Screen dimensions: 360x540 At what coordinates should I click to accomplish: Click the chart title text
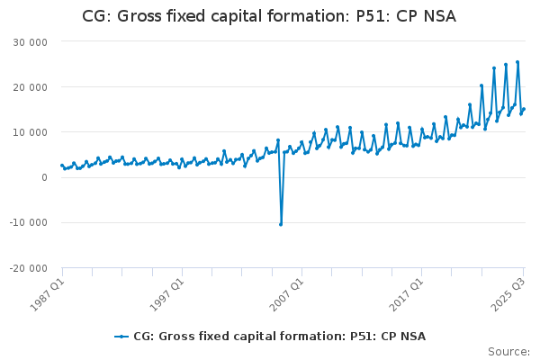coord(270,15)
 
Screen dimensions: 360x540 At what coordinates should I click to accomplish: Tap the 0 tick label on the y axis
coord(43,177)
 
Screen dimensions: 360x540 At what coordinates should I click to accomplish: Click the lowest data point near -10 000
coord(281,224)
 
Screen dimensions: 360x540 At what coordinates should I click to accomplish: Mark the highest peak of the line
coord(517,62)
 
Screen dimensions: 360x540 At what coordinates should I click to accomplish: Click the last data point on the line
coord(524,109)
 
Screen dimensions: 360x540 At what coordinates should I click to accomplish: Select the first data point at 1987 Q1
coord(61,165)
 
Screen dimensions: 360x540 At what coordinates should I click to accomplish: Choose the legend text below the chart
coord(279,337)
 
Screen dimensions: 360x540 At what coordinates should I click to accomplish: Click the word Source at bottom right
coord(508,352)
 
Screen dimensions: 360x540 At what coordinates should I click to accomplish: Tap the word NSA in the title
coord(440,15)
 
